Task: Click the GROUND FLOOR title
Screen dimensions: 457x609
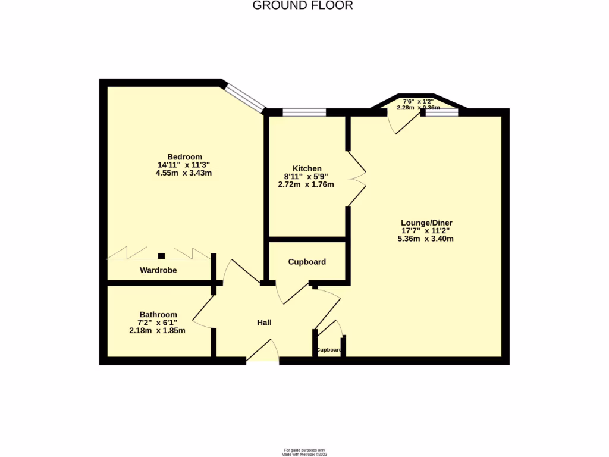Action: tap(303, 5)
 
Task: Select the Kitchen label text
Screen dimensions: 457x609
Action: tap(307, 168)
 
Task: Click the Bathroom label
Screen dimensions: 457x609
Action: tap(158, 314)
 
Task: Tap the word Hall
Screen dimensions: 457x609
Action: tap(264, 323)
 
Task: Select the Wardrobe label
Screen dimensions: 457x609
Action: tap(158, 270)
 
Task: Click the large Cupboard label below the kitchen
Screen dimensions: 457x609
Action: tap(307, 262)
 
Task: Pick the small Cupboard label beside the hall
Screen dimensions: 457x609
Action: tap(329, 350)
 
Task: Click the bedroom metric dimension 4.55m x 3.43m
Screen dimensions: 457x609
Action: tap(184, 173)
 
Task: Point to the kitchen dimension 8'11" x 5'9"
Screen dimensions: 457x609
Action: tap(306, 176)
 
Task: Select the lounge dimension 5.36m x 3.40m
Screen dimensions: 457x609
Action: tap(425, 239)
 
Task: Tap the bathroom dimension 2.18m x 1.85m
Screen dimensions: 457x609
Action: tap(157, 330)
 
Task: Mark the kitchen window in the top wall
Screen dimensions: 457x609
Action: tap(304, 111)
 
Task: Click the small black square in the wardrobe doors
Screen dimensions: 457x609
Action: tap(161, 256)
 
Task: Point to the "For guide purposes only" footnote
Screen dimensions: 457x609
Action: tap(304, 450)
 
